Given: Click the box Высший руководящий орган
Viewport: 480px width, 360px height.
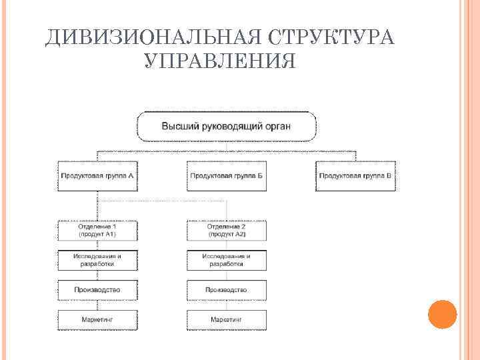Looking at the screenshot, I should click(227, 126).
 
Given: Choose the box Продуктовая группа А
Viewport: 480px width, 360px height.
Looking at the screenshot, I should click(98, 176).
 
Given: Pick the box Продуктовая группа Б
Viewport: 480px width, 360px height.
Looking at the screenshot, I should click(227, 176).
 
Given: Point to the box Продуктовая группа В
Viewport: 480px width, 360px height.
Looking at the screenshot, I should click(356, 176).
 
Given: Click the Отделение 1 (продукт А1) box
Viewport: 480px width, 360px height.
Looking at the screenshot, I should click(98, 231).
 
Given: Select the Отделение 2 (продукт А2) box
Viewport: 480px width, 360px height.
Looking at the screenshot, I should click(227, 231).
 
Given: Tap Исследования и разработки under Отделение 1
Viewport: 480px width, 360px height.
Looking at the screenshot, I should click(98, 260).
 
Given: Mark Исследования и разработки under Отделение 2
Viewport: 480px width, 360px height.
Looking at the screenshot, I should click(227, 260).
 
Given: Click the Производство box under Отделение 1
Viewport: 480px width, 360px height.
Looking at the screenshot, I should click(98, 290).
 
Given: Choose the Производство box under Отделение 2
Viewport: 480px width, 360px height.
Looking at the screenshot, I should click(227, 290).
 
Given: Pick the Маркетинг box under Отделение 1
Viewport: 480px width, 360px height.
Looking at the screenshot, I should click(98, 320).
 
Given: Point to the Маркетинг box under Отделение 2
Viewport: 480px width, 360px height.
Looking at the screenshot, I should click(227, 320).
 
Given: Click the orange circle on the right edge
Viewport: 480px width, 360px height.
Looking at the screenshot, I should click(441, 315).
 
